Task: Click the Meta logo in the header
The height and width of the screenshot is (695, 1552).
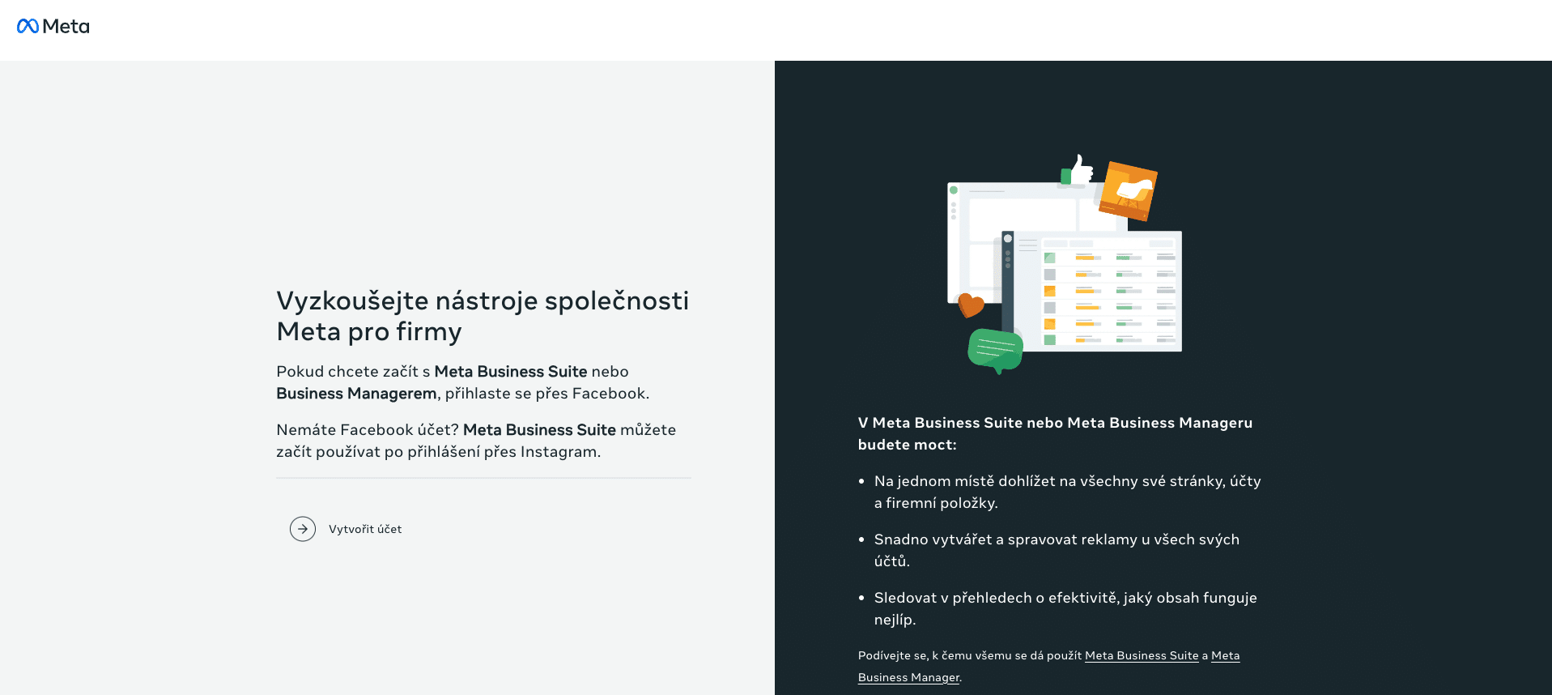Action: coord(53,26)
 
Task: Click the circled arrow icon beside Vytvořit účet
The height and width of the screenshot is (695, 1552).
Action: coord(303,529)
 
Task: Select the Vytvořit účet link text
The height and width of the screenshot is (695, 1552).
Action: coord(365,529)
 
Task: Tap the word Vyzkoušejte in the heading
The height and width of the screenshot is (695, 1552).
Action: coord(352,301)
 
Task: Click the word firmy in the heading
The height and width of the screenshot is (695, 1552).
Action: coord(429,332)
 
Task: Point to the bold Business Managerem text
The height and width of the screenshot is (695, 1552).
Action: coord(356,394)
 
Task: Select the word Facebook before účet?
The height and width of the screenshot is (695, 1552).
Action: coord(376,430)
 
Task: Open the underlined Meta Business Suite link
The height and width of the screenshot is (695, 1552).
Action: coord(1142,656)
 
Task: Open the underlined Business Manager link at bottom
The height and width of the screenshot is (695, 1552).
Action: coord(908,678)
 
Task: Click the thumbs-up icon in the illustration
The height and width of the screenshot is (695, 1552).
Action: coord(1077,170)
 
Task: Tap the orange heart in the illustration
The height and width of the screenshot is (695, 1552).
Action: coord(971,305)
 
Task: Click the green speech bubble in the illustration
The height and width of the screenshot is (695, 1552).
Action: coord(996,350)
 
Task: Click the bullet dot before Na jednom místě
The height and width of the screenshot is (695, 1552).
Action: coord(861,481)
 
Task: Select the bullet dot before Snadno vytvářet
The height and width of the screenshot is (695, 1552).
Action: coord(861,539)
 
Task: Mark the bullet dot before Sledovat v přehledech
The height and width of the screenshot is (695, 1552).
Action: coord(861,598)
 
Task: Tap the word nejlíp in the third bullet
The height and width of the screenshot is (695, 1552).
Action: coord(893,620)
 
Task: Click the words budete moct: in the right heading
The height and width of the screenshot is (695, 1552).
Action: coord(908,445)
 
